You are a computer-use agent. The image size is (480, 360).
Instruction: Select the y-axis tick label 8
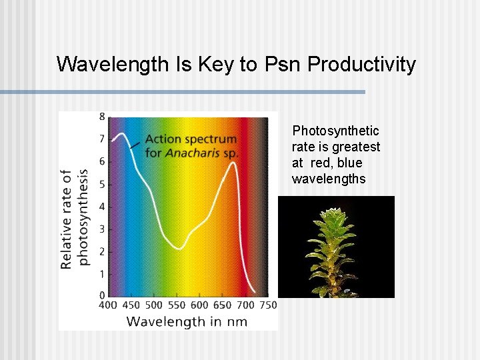coord(102,117)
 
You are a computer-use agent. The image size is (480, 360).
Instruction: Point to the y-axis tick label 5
coord(102,184)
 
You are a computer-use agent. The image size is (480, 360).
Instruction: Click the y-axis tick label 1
coord(102,274)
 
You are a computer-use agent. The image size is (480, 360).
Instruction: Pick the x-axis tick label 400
coord(108,305)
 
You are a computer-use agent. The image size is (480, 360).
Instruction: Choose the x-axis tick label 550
coord(177,305)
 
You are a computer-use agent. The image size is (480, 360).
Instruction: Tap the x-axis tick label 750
coord(268,305)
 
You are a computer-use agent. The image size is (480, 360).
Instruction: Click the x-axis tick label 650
coord(223,305)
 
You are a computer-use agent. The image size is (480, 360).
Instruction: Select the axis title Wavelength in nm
coord(187,322)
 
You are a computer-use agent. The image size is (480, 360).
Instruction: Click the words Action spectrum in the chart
coord(191,139)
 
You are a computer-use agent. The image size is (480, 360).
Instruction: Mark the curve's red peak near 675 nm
coord(233,163)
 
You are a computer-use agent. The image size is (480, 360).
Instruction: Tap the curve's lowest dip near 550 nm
coord(179,249)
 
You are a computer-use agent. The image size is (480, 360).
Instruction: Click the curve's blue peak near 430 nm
coord(121,134)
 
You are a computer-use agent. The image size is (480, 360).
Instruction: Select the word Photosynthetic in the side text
coord(336,131)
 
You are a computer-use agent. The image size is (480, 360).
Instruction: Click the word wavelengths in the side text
coord(329,179)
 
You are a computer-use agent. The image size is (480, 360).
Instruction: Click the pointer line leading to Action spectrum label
coord(135,143)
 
